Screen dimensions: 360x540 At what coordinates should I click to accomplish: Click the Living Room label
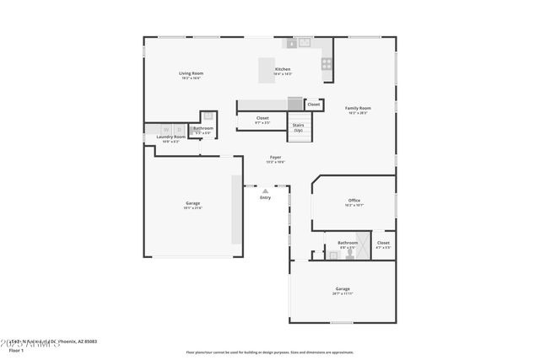coord(191,73)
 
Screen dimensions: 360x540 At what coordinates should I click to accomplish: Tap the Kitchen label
coord(283,69)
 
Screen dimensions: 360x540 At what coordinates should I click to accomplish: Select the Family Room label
coord(358,108)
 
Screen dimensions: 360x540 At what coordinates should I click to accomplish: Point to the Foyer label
coord(275,158)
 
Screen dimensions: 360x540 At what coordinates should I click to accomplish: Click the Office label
coord(354,200)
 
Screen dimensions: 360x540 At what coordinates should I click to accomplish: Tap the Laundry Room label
coord(170,137)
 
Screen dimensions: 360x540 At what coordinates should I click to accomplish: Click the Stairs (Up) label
coord(298,127)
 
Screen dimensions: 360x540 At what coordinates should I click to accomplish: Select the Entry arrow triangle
coord(265,190)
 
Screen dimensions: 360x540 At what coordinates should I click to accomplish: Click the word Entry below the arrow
coord(265,197)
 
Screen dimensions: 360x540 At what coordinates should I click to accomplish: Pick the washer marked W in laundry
coord(165,129)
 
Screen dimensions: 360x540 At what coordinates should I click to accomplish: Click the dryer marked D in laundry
coord(179,129)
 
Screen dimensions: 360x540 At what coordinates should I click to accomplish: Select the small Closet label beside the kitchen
coord(313,105)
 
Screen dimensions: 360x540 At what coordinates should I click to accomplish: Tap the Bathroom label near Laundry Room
coord(202,128)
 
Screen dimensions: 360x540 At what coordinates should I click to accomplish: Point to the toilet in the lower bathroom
coord(320,253)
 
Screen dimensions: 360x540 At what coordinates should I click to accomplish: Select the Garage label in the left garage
coord(192,203)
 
